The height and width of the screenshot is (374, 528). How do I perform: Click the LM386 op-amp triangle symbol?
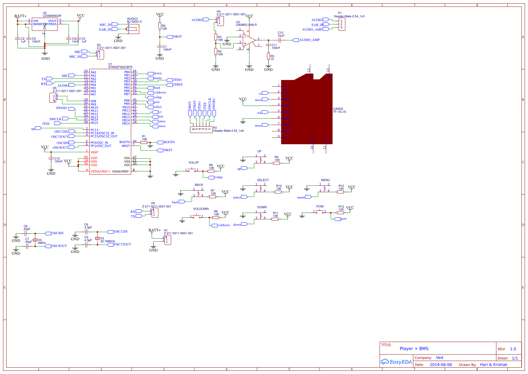point(249,40)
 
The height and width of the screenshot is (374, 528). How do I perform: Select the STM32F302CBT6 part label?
point(120,67)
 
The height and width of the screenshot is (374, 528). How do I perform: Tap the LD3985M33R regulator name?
point(52,16)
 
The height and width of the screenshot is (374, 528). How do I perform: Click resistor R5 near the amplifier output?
point(268,56)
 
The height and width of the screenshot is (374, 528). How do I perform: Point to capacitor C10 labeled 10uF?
point(280,40)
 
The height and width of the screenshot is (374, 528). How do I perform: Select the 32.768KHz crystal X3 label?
point(107,241)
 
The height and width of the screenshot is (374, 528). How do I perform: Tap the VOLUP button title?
point(193,162)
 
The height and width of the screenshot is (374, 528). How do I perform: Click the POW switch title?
point(320,206)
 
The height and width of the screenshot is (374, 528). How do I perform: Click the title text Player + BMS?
point(414,349)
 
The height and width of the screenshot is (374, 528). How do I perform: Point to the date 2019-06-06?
point(441,365)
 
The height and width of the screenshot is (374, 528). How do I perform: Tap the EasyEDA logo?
point(396,362)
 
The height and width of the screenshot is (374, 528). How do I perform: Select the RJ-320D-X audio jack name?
point(134,22)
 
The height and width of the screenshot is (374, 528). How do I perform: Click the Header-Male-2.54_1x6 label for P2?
point(228,131)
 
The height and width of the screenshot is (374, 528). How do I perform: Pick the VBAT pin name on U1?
point(94,152)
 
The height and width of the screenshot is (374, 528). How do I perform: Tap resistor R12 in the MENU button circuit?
point(340,192)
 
